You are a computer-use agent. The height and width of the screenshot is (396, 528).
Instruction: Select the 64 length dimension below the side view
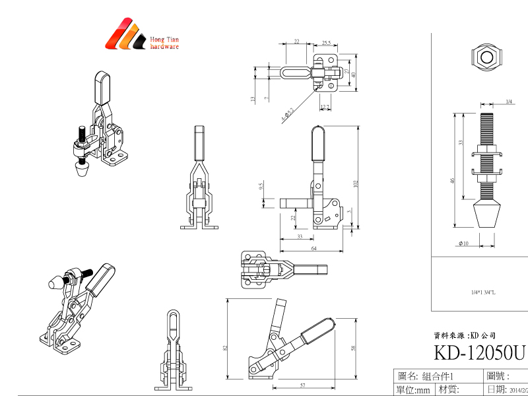tap(313, 247)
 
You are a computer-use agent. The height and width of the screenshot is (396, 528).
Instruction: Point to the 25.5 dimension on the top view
tap(327, 42)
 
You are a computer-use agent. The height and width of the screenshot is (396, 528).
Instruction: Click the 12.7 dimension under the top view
tap(325, 106)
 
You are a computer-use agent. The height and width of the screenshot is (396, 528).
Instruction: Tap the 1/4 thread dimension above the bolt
tap(509, 102)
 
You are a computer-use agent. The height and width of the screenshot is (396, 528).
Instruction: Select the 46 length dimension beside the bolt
tap(453, 180)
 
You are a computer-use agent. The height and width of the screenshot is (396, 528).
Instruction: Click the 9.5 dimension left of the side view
tap(262, 186)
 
